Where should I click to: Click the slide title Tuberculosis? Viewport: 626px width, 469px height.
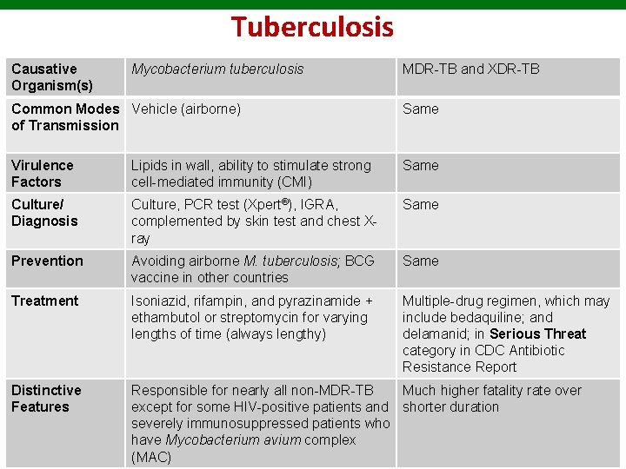(312, 27)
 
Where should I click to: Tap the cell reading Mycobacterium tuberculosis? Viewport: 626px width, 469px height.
(217, 69)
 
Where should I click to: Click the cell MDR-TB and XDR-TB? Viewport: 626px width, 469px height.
(470, 69)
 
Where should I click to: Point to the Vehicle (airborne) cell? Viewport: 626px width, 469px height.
(186, 109)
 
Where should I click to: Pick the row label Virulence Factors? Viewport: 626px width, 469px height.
(42, 173)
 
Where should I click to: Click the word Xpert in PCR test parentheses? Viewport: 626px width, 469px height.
(259, 204)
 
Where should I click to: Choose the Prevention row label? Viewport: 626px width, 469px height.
(47, 261)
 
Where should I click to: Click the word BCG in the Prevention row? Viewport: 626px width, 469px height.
(360, 261)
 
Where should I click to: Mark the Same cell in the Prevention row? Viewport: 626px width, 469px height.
(420, 261)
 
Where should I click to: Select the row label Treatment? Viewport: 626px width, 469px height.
(44, 301)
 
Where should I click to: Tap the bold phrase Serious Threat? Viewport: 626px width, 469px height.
(537, 334)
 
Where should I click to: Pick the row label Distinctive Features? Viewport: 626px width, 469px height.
(45, 398)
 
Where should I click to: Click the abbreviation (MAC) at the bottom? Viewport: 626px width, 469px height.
(151, 457)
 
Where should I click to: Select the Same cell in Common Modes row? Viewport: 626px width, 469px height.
(420, 109)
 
